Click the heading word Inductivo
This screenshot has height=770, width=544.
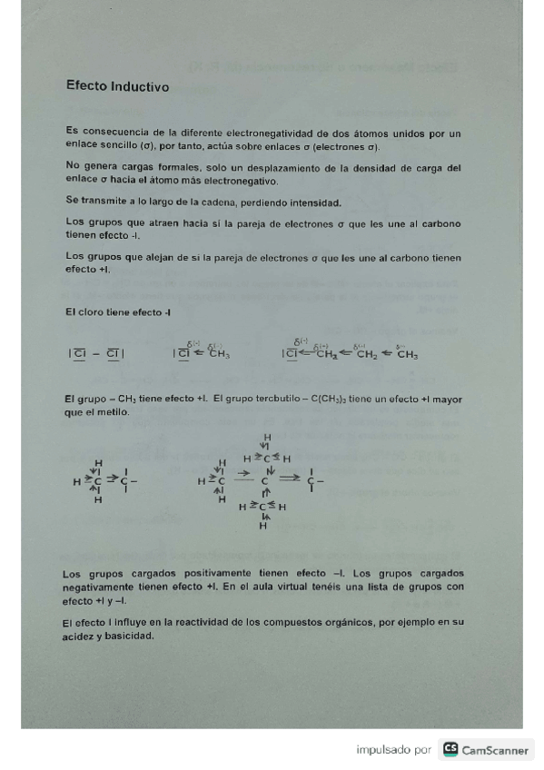140,87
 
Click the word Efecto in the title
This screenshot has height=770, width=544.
86,87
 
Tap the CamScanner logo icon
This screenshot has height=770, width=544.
450,750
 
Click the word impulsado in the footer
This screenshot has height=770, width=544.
381,750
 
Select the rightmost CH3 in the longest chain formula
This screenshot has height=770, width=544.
407,355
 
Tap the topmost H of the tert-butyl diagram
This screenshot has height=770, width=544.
267,437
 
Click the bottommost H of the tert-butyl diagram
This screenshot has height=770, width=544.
263,527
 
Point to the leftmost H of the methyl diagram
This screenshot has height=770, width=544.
77,482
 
